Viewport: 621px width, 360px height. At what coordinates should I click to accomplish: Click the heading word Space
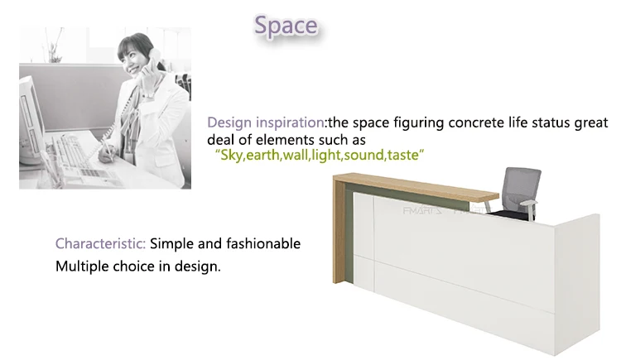point(285,26)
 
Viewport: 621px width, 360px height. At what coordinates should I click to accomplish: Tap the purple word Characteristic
point(101,244)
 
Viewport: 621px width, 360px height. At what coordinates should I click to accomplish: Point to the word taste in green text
point(404,155)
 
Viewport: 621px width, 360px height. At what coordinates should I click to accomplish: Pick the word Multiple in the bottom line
point(81,267)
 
